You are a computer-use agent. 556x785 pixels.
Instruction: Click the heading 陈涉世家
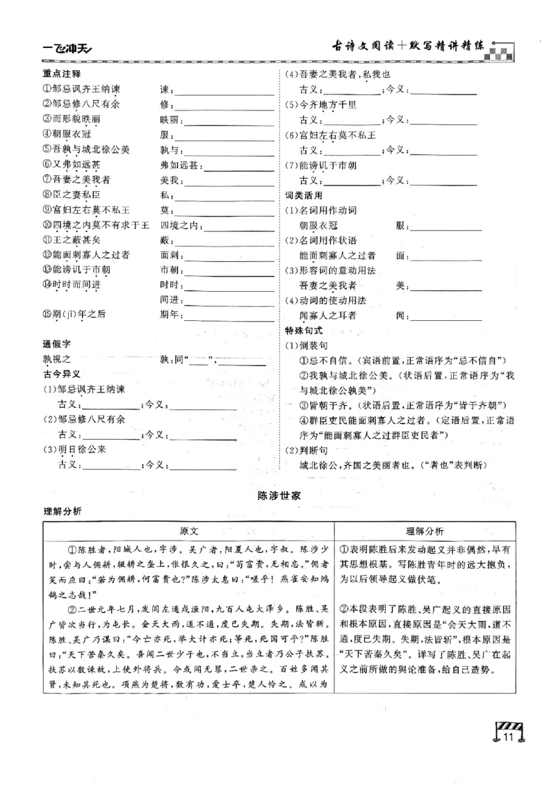[x=278, y=495]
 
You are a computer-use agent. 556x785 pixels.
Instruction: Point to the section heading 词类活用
[x=304, y=195]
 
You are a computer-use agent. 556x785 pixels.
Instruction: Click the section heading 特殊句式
[x=304, y=331]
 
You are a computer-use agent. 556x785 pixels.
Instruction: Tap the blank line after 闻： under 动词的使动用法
[x=445, y=316]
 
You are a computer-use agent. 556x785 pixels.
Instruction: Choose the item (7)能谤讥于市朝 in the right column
[x=321, y=165]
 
